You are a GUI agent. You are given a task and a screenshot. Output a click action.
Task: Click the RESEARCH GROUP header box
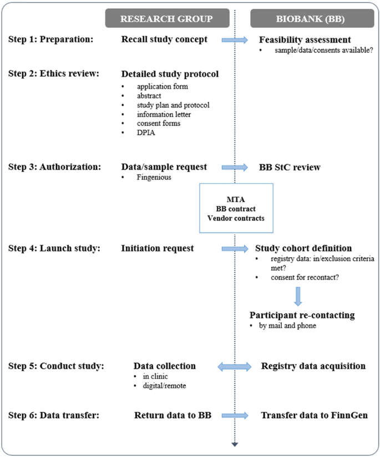pyautogui.click(x=166, y=19)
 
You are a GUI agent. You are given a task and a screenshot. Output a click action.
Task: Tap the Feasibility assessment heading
pyautogui.click(x=305, y=40)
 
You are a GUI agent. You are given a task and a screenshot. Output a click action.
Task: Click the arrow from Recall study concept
pyautogui.click(x=235, y=40)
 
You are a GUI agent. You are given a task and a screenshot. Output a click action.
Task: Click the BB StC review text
pyautogui.click(x=290, y=167)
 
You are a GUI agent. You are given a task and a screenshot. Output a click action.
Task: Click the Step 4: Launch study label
pyautogui.click(x=54, y=248)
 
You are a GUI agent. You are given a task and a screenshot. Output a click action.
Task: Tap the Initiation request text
pyautogui.click(x=158, y=248)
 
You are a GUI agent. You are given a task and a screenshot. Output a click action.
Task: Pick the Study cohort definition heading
pyautogui.click(x=303, y=248)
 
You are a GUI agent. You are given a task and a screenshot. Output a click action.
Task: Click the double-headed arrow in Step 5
pyautogui.click(x=235, y=366)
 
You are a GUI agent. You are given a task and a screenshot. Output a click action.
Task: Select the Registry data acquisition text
pyautogui.click(x=313, y=366)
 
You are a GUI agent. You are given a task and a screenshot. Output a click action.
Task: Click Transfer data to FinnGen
pyautogui.click(x=313, y=415)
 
